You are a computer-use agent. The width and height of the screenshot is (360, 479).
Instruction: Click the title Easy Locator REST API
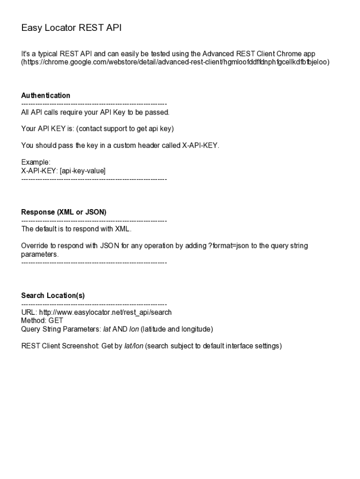(x=71, y=28)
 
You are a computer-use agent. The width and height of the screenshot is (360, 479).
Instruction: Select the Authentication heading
(x=46, y=95)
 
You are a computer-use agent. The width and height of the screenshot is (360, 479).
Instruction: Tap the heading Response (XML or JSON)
(x=64, y=212)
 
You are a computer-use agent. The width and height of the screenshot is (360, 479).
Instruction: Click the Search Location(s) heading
(x=53, y=296)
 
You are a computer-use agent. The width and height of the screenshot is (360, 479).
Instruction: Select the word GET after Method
(x=56, y=321)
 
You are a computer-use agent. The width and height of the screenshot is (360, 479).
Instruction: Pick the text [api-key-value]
(x=83, y=171)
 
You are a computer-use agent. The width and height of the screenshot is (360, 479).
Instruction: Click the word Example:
(x=36, y=162)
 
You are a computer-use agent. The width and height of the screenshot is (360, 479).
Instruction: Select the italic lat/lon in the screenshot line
(x=134, y=346)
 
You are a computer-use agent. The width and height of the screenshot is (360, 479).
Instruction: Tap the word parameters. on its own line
(x=40, y=254)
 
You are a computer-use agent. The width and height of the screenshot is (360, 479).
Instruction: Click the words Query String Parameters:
(x=61, y=329)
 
